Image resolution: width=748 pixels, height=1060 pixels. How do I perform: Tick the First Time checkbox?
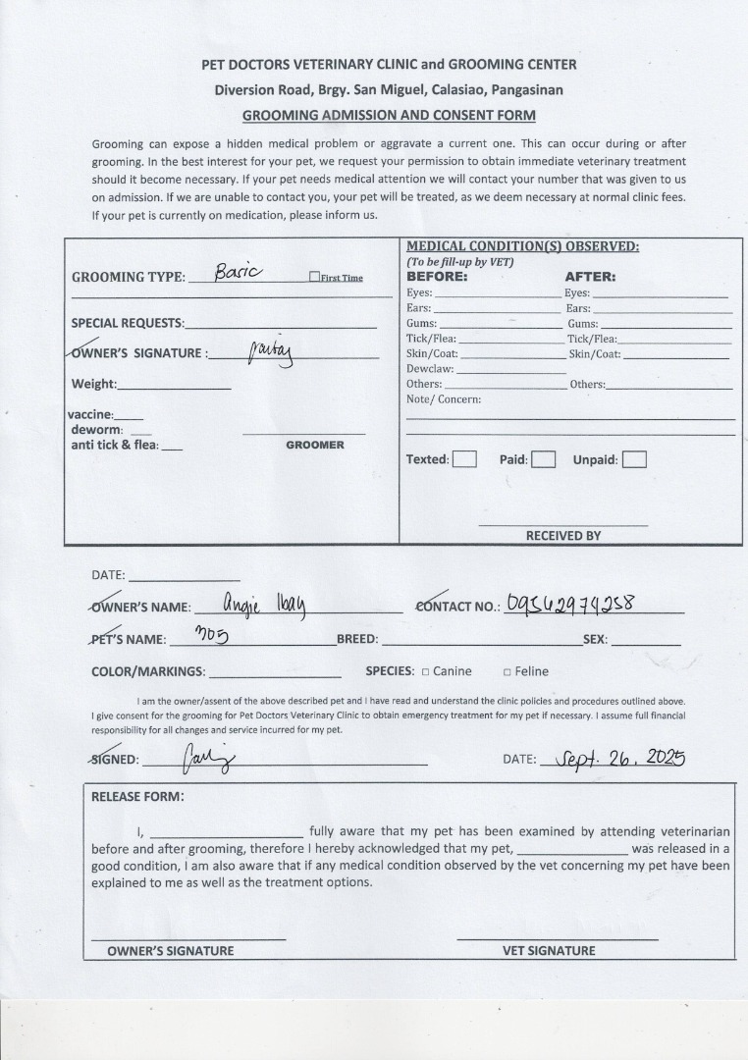[314, 277]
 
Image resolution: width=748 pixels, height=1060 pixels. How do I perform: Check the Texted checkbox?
[464, 459]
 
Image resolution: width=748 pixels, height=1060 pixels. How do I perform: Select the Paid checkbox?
[544, 459]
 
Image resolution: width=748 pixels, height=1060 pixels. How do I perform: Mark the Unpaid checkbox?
[634, 459]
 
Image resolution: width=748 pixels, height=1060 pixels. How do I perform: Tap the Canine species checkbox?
[425, 672]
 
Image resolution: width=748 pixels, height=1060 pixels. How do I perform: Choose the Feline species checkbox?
[507, 672]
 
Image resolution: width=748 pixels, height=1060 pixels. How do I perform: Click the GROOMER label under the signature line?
[315, 445]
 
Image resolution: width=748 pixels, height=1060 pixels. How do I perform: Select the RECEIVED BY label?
[562, 536]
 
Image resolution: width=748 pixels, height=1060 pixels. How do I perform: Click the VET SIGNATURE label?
[549, 950]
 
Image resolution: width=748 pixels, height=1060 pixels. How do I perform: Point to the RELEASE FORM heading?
[137, 796]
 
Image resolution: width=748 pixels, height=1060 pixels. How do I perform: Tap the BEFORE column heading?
[437, 277]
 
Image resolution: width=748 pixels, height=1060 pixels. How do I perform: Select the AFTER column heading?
[590, 277]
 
